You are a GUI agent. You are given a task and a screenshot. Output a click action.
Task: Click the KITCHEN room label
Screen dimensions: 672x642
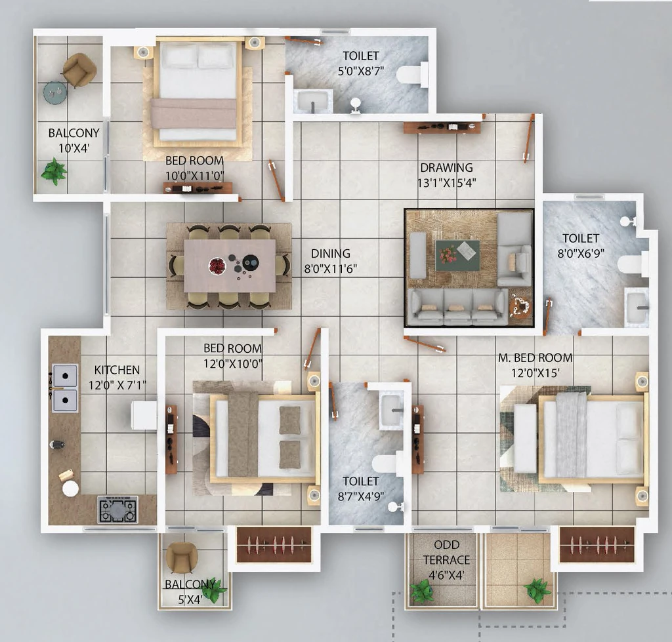(x=117, y=370)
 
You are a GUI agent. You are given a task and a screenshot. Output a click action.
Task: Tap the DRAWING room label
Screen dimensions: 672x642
(x=446, y=167)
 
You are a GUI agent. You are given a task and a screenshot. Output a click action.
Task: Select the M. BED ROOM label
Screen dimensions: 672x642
(x=535, y=357)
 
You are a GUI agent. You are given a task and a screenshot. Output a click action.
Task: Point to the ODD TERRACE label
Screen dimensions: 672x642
(x=446, y=553)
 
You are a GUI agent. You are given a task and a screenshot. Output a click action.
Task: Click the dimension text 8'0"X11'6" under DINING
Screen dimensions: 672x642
(x=331, y=269)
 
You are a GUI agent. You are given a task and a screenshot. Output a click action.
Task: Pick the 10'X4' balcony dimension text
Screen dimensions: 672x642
(x=73, y=148)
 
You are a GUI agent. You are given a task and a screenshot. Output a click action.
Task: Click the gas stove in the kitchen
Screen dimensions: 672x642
(x=118, y=510)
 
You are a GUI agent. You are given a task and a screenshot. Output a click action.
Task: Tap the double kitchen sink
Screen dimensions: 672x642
(x=65, y=388)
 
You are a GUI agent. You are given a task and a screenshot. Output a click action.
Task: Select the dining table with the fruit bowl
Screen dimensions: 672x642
(x=230, y=266)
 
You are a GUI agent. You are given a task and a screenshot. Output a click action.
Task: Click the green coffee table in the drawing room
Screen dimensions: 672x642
(x=457, y=256)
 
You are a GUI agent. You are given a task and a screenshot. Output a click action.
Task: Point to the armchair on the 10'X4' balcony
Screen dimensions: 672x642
(x=79, y=70)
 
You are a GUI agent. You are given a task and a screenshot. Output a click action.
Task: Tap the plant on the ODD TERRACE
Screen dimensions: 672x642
(x=422, y=592)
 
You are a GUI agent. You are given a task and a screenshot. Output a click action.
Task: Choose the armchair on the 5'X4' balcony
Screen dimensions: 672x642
(x=182, y=557)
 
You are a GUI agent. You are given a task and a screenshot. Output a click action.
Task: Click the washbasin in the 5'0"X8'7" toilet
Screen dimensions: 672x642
(x=313, y=102)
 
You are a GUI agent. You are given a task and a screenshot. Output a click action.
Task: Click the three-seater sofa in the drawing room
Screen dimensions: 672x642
(x=457, y=306)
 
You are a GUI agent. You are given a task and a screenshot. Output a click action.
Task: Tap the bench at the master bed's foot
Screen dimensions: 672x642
(x=525, y=438)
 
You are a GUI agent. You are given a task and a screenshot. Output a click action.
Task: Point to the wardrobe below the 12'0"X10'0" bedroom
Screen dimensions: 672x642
(x=274, y=544)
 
